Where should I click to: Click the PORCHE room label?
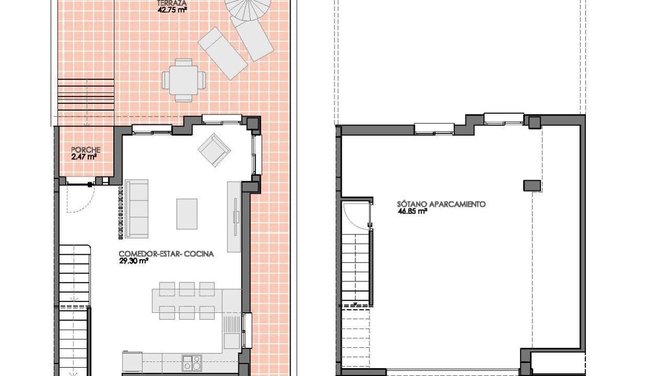[86, 150]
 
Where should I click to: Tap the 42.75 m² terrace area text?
[172, 10]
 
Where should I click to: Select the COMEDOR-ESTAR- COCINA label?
[166, 254]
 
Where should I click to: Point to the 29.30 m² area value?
[134, 261]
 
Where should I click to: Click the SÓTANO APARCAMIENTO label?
[441, 204]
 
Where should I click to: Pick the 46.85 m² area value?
[412, 211]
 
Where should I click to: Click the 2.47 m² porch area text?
[84, 157]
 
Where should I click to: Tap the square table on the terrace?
[184, 80]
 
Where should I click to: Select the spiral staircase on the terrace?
[248, 9]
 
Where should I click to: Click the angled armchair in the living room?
[214, 150]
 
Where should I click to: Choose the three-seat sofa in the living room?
[136, 209]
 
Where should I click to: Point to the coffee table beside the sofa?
[187, 214]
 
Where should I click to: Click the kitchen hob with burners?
[192, 363]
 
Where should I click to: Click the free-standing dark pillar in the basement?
[532, 185]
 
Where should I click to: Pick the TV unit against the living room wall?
[234, 217]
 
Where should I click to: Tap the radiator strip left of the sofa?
[121, 213]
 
